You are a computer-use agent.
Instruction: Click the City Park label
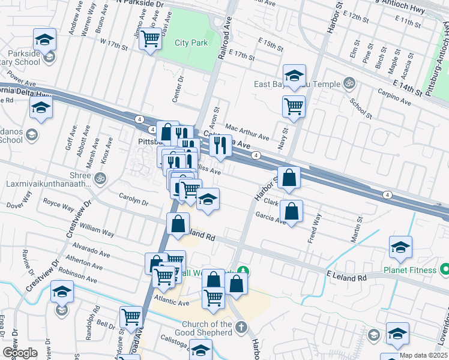point(190,43)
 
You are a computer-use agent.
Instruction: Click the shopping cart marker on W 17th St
point(149,40)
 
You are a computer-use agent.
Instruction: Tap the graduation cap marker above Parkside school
point(44,40)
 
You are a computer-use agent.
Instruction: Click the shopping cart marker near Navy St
point(294,107)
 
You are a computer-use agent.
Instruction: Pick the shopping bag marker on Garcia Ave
point(291,211)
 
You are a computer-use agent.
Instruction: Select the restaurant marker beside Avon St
point(220,145)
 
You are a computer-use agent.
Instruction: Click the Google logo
point(20,353)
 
